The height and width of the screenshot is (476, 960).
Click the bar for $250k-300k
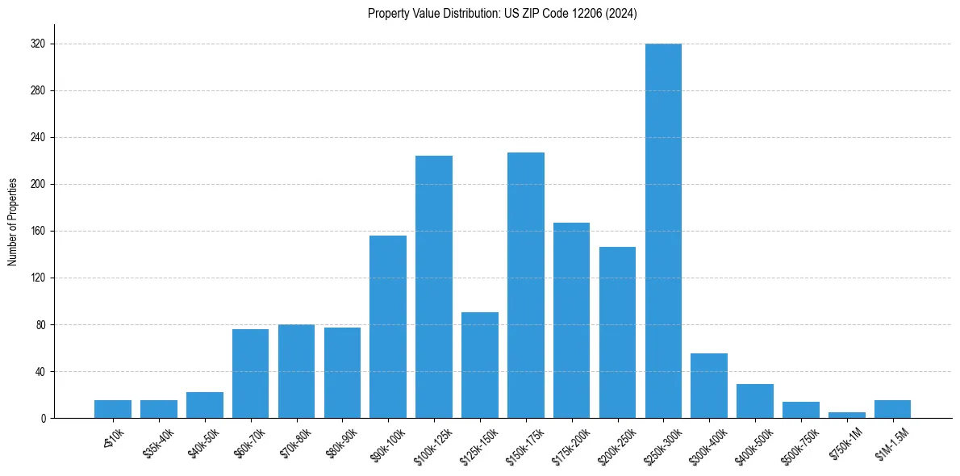tap(663, 231)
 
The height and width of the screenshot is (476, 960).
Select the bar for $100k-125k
tap(434, 286)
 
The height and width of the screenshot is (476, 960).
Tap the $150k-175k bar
tap(526, 285)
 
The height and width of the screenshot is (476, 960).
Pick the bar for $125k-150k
tap(480, 365)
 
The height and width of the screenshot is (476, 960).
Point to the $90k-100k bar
tap(388, 327)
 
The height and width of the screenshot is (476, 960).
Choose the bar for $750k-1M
tap(847, 415)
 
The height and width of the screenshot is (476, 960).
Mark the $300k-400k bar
tap(709, 386)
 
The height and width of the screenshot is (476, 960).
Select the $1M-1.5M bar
tap(892, 409)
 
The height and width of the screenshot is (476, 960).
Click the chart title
tap(503, 14)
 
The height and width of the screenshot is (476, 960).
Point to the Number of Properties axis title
tap(13, 221)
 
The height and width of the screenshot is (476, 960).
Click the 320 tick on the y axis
tap(38, 44)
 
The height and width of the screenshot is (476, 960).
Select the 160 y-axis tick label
tap(38, 232)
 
